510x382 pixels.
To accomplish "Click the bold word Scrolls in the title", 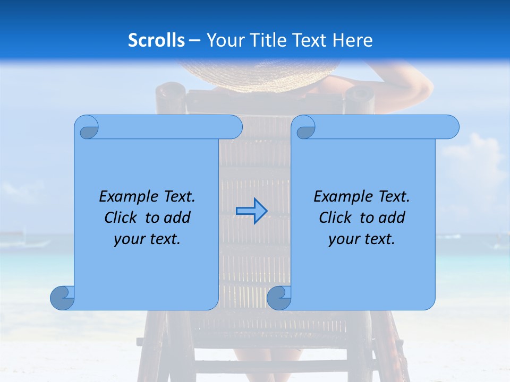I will [157, 40].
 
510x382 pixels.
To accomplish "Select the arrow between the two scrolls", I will [251, 211].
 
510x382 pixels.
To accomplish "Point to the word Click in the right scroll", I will [336, 218].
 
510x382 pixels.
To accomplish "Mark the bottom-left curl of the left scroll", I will [62, 298].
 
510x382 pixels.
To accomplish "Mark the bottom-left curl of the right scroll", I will [279, 298].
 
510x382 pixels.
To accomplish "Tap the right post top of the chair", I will [360, 95].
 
